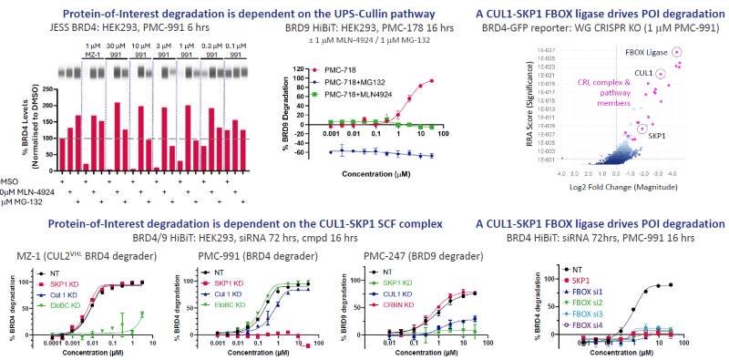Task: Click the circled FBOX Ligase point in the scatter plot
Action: pyautogui.click(x=677, y=55)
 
